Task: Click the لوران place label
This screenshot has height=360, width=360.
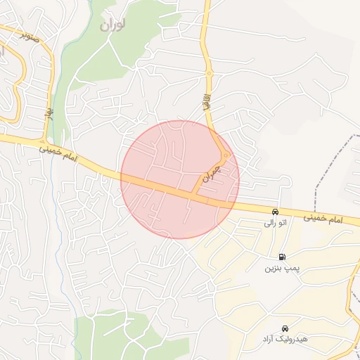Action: (112, 25)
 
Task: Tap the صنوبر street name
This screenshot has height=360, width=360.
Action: (25, 32)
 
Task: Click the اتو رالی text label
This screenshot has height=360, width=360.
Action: (275, 224)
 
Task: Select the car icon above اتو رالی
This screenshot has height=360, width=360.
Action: (276, 211)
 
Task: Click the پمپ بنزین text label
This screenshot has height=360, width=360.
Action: (279, 269)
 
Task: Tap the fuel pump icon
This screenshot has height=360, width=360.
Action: (282, 257)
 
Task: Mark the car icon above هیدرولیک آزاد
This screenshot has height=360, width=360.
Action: (285, 328)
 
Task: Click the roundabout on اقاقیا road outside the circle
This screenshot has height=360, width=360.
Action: (209, 72)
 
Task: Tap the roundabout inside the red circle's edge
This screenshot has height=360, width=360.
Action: (224, 155)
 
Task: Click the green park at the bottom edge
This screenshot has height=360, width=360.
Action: (112, 337)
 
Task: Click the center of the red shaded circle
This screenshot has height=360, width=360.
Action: (180, 180)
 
